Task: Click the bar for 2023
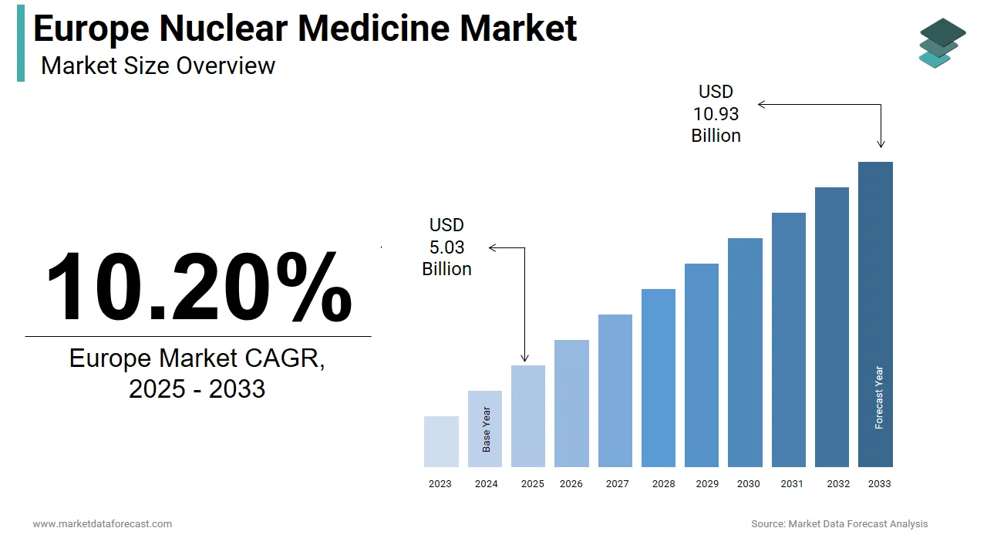pyautogui.click(x=441, y=442)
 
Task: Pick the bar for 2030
pyautogui.click(x=745, y=352)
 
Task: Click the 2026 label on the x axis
pyautogui.click(x=571, y=484)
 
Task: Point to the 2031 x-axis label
pyautogui.click(x=791, y=484)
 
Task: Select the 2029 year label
pyautogui.click(x=707, y=484)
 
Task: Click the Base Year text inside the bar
pyautogui.click(x=487, y=429)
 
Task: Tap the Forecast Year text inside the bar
pyautogui.click(x=879, y=397)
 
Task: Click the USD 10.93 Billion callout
pyautogui.click(x=716, y=114)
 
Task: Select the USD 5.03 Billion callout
pyautogui.click(x=446, y=247)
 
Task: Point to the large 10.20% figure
pyautogui.click(x=198, y=287)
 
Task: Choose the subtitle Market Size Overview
pyautogui.click(x=158, y=66)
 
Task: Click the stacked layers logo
pyautogui.click(x=942, y=42)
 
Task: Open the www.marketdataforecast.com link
pyautogui.click(x=102, y=524)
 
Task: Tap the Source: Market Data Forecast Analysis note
pyautogui.click(x=840, y=524)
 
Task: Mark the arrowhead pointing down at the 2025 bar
pyautogui.click(x=524, y=358)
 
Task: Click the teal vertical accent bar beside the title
pyautogui.click(x=21, y=42)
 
